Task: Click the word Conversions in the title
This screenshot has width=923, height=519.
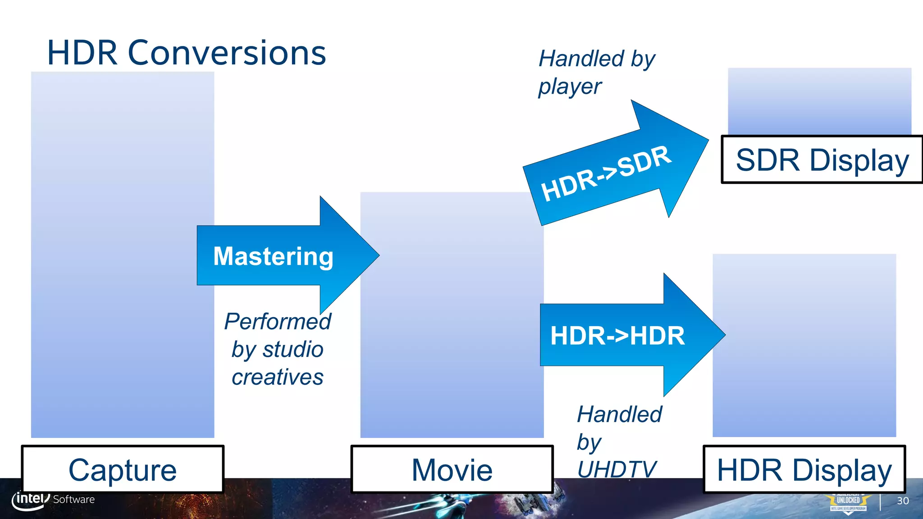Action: (227, 53)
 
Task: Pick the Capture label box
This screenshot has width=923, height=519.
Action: (123, 469)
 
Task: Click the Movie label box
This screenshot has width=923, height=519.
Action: (452, 469)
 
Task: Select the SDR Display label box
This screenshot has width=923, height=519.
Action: (822, 160)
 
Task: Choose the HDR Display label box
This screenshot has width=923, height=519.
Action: (804, 469)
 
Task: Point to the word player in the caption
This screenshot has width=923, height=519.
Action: (570, 87)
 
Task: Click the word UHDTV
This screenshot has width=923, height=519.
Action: (617, 469)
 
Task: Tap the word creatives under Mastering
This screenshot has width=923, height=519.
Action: (278, 377)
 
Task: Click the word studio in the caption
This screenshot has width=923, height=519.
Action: (293, 350)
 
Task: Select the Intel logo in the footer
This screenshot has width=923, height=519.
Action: (30, 500)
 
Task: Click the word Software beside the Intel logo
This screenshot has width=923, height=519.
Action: (74, 500)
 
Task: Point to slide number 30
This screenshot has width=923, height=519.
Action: (903, 501)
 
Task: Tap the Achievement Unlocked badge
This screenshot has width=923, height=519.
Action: (848, 503)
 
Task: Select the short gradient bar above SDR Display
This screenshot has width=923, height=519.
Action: (819, 101)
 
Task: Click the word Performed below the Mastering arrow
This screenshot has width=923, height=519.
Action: (278, 322)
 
